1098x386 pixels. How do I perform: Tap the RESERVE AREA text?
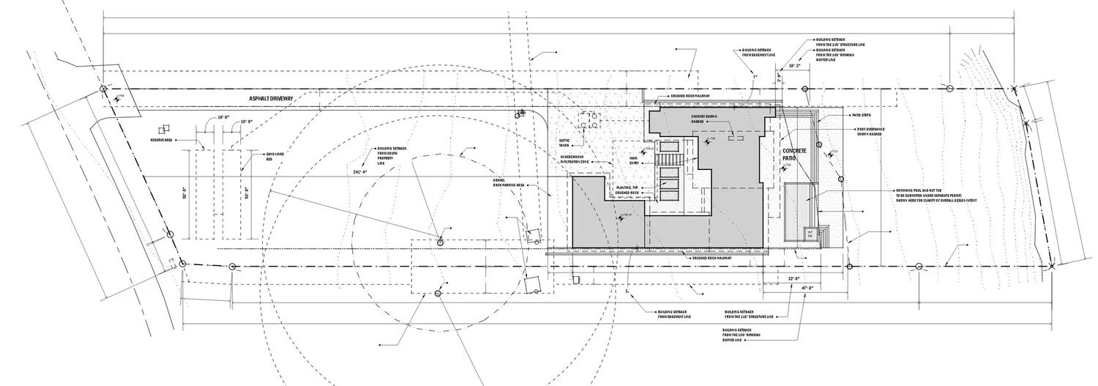point(161,140)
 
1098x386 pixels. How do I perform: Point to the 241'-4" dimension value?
point(361,173)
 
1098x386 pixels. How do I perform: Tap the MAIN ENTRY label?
point(634,160)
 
